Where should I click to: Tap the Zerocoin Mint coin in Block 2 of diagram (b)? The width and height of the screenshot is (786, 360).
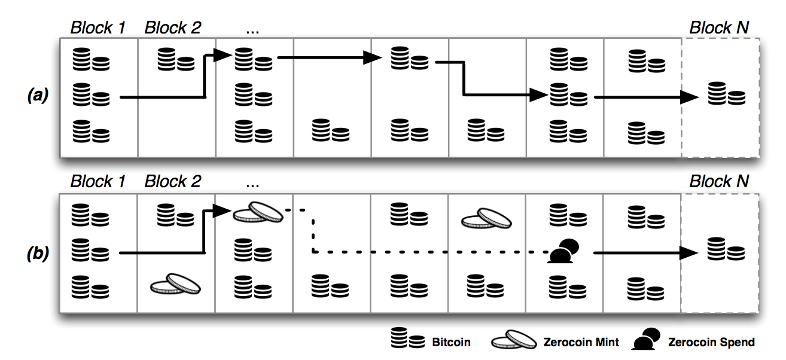coord(175,284)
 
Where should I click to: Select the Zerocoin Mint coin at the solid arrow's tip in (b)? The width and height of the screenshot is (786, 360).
coord(258,212)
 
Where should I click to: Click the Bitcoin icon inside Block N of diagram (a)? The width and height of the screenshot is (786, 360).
coord(727,93)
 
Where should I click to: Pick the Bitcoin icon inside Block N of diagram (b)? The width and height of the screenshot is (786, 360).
coord(726,249)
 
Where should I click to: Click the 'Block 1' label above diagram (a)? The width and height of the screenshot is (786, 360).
coord(98,28)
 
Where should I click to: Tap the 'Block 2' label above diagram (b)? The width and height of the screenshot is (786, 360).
coord(173,181)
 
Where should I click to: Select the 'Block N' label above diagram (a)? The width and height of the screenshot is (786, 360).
coord(720,28)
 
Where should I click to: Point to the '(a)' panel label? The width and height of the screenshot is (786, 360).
coord(38,95)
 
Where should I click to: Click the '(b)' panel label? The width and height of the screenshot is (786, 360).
coord(38,254)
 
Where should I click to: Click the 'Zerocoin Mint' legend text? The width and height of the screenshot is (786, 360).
coord(581,342)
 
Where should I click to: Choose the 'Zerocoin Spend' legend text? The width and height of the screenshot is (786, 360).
coord(711,342)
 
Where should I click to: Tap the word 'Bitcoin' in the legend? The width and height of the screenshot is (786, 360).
coord(451,342)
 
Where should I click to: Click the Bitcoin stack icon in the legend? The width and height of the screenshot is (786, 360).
coord(408,337)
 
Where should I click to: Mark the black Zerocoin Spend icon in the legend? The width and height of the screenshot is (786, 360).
coord(646,339)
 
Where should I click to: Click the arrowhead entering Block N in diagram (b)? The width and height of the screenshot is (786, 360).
coord(688,252)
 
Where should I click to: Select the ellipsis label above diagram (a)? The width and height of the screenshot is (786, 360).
coord(252,31)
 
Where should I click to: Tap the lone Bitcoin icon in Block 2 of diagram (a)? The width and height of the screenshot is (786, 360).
coord(176,59)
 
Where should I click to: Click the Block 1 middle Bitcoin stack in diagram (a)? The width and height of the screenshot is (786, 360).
coord(92,94)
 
